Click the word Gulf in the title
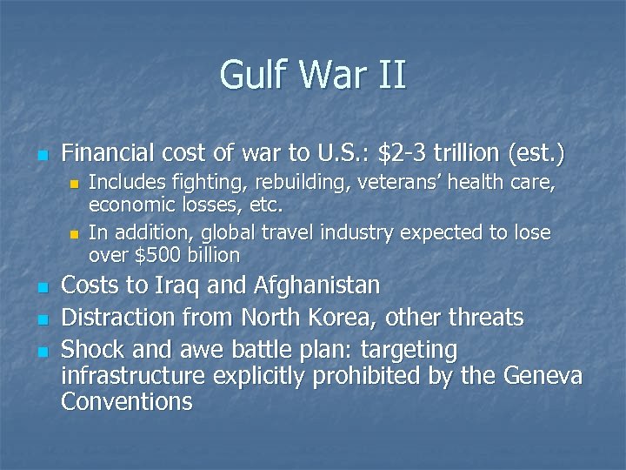(x=253, y=75)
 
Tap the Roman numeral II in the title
(x=391, y=75)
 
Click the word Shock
(x=91, y=350)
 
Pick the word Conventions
(x=127, y=402)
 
